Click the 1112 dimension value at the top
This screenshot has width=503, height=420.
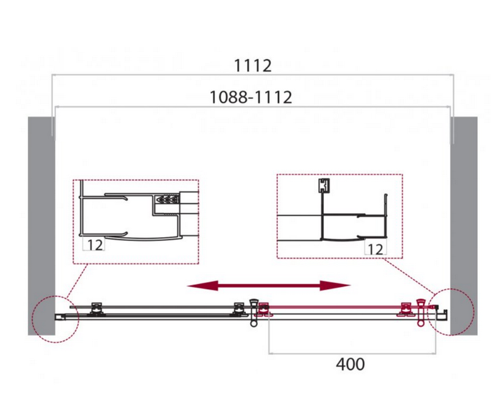[x=253, y=66]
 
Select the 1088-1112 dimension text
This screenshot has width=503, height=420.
[x=250, y=97]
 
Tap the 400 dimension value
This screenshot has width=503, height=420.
[x=350, y=364]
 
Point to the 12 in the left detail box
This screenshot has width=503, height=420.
[x=95, y=245]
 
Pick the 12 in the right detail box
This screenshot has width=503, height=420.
[x=375, y=249]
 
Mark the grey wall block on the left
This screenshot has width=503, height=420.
[x=41, y=226]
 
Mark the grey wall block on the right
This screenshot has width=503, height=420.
[x=463, y=226]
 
